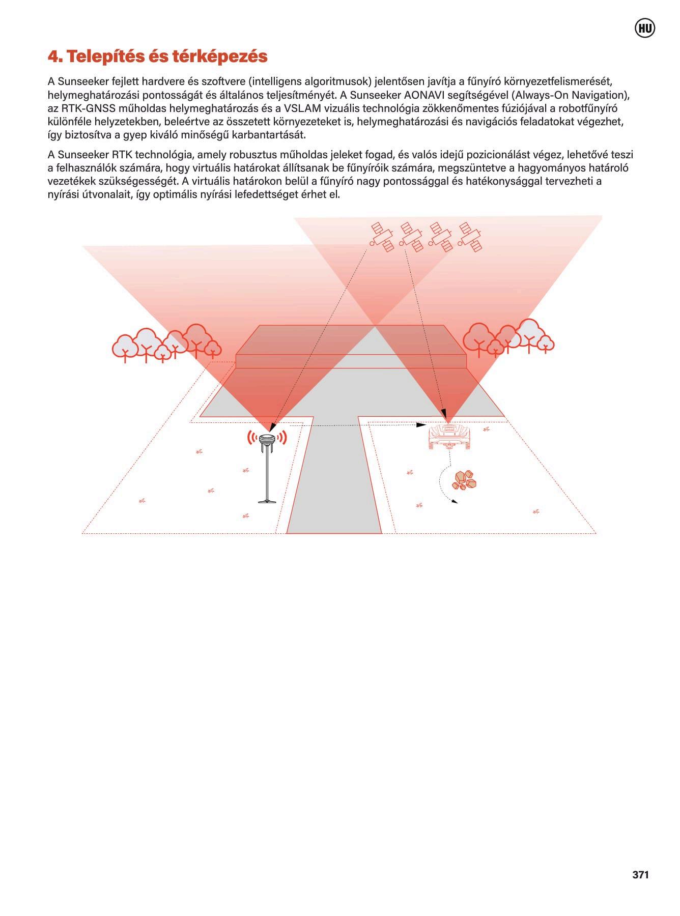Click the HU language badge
pyautogui.click(x=645, y=28)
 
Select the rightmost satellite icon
pyautogui.click(x=470, y=237)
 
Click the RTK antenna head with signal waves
pyautogui.click(x=267, y=438)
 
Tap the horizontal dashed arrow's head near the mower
pyautogui.click(x=422, y=424)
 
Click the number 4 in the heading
pyautogui.click(x=52, y=56)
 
